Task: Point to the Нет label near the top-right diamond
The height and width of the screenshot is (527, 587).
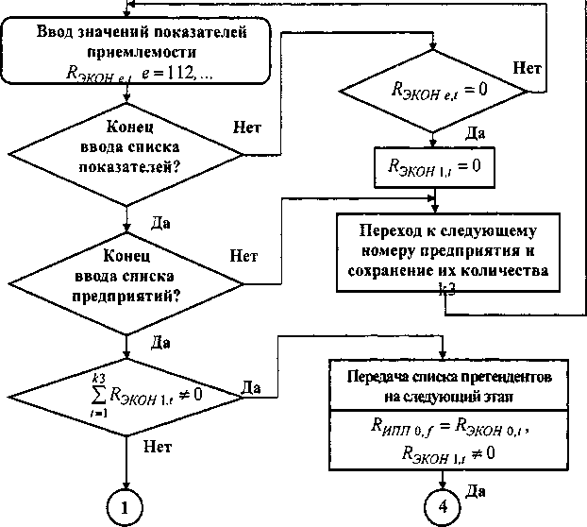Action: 527,68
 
